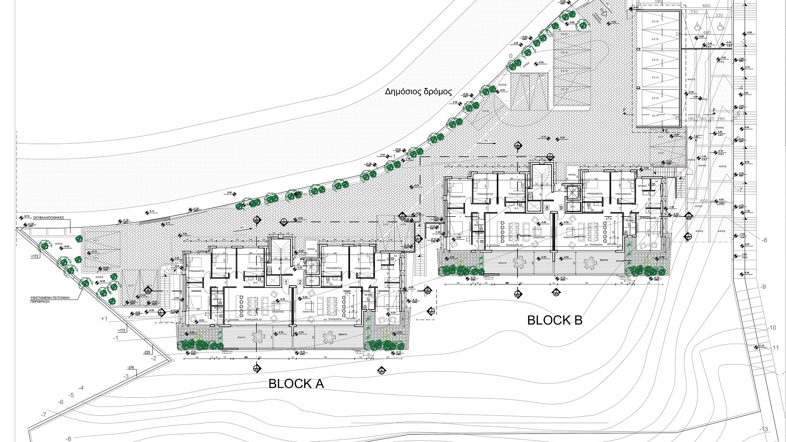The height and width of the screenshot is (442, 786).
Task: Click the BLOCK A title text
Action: point(296,383)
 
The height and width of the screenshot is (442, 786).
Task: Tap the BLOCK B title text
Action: point(555,320)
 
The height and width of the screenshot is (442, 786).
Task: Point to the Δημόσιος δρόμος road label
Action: point(418,91)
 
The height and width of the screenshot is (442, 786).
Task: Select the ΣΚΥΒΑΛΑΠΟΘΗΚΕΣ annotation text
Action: point(46,218)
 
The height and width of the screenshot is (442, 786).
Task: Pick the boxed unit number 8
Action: point(547,208)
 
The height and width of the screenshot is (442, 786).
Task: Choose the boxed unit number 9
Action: point(561,208)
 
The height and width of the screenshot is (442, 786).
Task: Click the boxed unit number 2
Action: point(300,282)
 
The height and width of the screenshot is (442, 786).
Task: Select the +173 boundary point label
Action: point(122,330)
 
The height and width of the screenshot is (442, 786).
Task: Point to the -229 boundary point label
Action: point(147,352)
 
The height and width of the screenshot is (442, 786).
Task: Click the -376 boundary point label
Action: point(131,367)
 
